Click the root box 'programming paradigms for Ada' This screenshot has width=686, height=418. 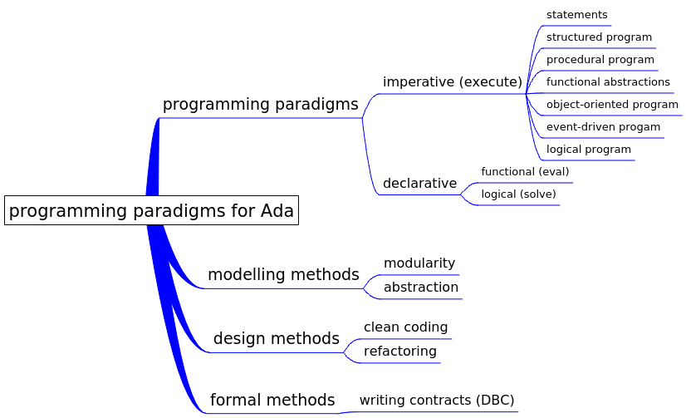(151, 210)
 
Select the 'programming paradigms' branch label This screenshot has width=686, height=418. (260, 105)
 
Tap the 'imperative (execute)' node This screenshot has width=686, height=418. (453, 81)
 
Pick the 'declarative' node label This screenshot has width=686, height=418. (419, 183)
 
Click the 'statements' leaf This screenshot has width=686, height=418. (576, 15)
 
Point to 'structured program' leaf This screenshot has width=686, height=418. (599, 37)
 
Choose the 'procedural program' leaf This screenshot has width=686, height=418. (600, 60)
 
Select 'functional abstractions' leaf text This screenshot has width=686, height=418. (608, 81)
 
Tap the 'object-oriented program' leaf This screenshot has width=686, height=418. (612, 105)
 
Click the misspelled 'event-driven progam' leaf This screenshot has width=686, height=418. (603, 127)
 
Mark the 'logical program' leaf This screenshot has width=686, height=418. (589, 150)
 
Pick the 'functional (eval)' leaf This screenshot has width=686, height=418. (525, 171)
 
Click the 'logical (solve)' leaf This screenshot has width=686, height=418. (518, 194)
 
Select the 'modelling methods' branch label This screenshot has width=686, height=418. (283, 275)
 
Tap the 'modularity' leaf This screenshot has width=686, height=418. (419, 263)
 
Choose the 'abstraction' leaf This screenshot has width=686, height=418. (421, 288)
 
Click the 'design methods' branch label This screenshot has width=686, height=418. (277, 339)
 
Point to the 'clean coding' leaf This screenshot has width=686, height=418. (405, 327)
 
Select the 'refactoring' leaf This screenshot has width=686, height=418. (399, 351)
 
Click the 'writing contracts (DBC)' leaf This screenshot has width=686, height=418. (437, 400)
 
